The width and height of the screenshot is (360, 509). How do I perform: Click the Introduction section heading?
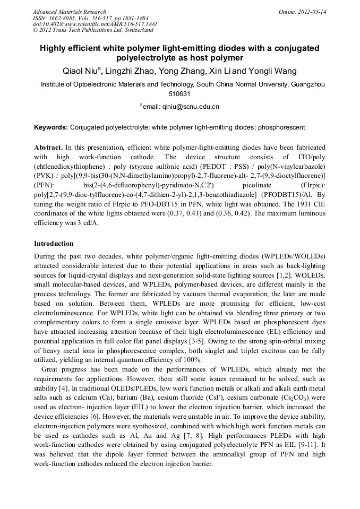tap(54, 244)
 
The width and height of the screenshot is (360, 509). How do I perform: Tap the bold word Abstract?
tap(48, 146)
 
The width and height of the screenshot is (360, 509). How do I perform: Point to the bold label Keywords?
tap(51, 127)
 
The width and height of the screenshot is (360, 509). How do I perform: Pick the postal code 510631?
tap(179, 93)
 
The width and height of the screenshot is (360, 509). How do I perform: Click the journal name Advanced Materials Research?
tap(69, 11)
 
